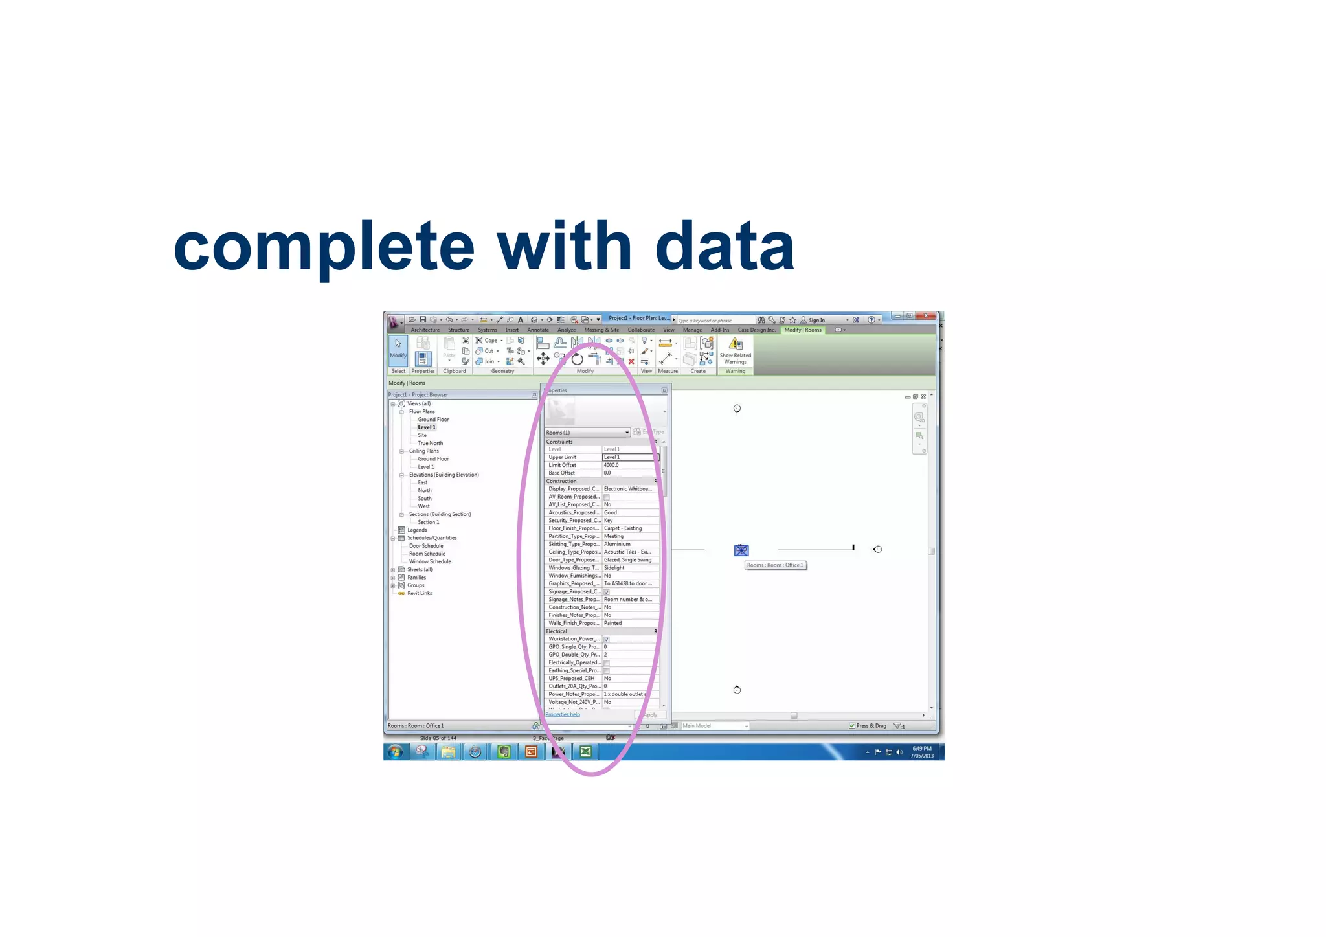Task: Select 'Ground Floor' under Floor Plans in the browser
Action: (433, 420)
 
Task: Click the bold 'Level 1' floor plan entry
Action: (426, 427)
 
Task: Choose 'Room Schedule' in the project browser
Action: (427, 554)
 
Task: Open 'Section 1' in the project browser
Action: (428, 522)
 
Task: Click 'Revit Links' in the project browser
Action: (420, 593)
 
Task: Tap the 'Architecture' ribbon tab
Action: (425, 330)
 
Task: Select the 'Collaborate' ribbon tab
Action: (641, 330)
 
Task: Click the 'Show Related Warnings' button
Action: (736, 351)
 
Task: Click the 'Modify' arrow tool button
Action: (398, 348)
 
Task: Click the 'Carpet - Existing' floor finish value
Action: (623, 528)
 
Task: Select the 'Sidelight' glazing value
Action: (614, 568)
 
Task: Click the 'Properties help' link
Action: (563, 714)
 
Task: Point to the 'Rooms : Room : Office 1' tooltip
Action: (775, 565)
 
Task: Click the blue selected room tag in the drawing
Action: (741, 550)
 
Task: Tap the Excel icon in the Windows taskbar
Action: (585, 751)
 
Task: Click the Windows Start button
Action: (395, 751)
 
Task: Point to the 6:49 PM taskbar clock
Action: (922, 752)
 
